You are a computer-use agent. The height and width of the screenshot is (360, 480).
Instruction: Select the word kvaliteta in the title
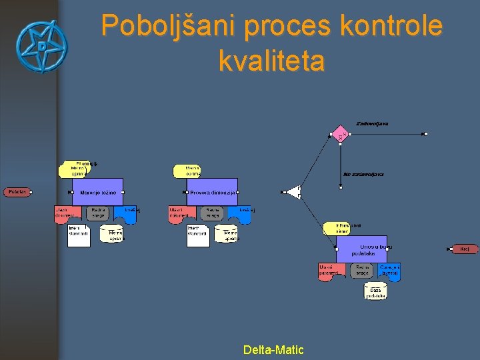(271, 61)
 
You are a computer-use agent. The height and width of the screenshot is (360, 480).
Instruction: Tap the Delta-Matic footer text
(273, 349)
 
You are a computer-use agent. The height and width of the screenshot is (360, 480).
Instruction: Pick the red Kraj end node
(465, 249)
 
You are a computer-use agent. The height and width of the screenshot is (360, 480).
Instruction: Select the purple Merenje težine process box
(98, 192)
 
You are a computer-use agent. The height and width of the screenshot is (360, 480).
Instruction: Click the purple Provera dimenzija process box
(212, 192)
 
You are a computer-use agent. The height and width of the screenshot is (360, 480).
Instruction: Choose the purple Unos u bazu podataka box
(361, 249)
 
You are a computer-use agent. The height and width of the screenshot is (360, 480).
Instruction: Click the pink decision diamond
(340, 134)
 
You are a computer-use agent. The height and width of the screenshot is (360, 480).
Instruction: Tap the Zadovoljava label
(372, 123)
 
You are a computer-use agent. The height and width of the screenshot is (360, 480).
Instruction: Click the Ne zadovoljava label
(363, 174)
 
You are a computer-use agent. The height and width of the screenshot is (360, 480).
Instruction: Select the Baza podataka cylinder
(375, 291)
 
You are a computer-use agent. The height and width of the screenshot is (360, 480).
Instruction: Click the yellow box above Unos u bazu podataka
(335, 229)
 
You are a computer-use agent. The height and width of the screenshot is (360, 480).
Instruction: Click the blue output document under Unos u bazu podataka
(389, 270)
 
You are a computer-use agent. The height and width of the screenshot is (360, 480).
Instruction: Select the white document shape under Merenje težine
(79, 235)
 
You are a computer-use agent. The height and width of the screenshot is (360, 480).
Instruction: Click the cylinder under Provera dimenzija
(227, 234)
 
